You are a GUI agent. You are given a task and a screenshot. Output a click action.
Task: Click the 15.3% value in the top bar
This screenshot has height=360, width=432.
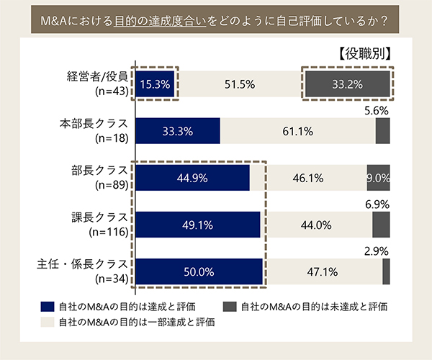[156, 84]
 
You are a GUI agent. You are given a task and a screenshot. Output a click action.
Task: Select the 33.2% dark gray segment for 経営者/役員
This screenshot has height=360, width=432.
[347, 84]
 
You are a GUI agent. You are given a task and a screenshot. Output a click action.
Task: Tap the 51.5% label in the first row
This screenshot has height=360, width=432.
[240, 84]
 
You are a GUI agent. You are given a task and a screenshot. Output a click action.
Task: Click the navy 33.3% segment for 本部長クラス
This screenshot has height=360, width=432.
[176, 131]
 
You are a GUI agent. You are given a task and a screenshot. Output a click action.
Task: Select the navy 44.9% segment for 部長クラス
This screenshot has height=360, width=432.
[192, 178]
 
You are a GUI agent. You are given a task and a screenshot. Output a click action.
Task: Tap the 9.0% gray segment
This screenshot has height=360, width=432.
[378, 178]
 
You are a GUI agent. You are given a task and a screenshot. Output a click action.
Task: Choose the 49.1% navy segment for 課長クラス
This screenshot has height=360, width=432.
[197, 225]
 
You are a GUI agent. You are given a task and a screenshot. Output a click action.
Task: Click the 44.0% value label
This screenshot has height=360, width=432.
[315, 225]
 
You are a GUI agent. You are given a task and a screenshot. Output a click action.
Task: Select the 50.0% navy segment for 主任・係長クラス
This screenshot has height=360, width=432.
[198, 271]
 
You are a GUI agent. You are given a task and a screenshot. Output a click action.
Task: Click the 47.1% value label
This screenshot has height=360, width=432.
[323, 271]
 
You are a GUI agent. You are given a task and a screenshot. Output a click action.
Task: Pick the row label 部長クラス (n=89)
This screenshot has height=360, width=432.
[103, 178]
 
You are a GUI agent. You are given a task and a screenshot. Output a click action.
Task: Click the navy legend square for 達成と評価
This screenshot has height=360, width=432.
[48, 306]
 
